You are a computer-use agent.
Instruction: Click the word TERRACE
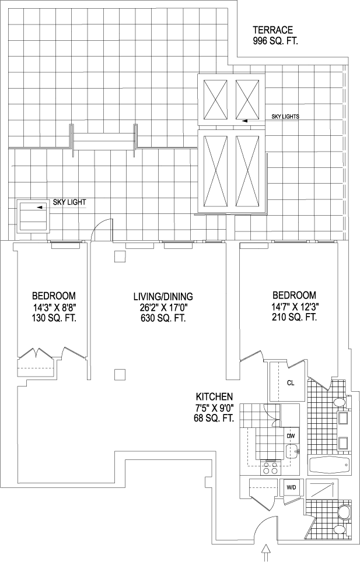coord(272,30)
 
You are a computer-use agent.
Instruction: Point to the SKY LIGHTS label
coord(285,117)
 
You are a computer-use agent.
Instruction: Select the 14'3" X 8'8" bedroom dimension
coord(54,307)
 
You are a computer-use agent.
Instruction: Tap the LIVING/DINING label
coord(163,296)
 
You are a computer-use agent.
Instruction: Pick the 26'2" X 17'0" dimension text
coord(163,307)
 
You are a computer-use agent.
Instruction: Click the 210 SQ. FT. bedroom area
coord(293,318)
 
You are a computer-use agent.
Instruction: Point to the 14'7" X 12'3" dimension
coord(293,307)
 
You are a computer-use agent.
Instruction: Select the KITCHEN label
coord(215,396)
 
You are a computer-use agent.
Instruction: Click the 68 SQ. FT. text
coord(215,418)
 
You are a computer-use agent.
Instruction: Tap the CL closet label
coord(291,383)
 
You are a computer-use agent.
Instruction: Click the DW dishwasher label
coord(290,435)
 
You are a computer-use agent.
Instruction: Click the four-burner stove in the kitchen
coord(270,467)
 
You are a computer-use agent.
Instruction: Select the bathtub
coord(330,465)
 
